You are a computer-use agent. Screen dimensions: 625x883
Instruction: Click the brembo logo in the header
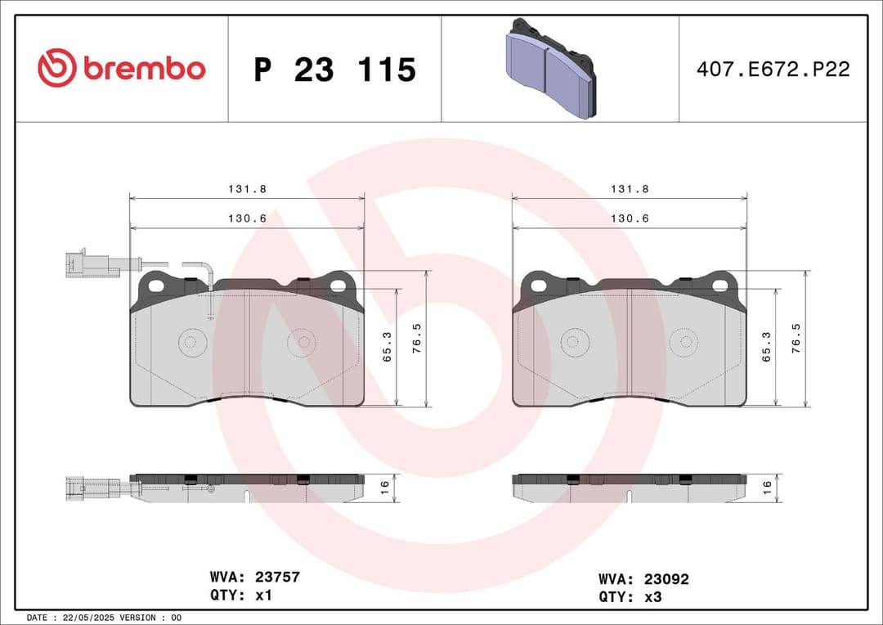pyautogui.click(x=121, y=69)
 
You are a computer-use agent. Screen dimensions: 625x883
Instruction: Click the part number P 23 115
pyautogui.click(x=334, y=70)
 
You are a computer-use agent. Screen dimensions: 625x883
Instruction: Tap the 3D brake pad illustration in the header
pyautogui.click(x=549, y=69)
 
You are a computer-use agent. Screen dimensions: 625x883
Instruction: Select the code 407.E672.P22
pyautogui.click(x=773, y=70)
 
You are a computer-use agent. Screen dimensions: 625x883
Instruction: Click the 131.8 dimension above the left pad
pyautogui.click(x=247, y=189)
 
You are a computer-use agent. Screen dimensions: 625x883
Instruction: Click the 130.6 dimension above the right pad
pyautogui.click(x=629, y=218)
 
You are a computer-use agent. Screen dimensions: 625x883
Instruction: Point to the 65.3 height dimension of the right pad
pyautogui.click(x=766, y=346)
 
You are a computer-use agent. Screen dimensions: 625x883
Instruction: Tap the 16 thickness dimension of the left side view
pyautogui.click(x=384, y=486)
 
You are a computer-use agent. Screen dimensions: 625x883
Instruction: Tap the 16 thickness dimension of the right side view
pyautogui.click(x=766, y=486)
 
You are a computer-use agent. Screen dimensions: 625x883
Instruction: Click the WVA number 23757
pyautogui.click(x=278, y=578)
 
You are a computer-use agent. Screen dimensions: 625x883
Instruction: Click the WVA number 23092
pyautogui.click(x=666, y=579)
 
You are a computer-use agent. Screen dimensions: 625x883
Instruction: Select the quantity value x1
pyautogui.click(x=263, y=596)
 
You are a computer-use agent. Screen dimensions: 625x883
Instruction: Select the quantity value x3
pyautogui.click(x=652, y=597)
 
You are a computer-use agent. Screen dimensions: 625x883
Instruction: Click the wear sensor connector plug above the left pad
pyautogui.click(x=84, y=264)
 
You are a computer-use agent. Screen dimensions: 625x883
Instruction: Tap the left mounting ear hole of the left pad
pyautogui.click(x=154, y=285)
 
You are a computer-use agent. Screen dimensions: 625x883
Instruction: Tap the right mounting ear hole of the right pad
pyautogui.click(x=720, y=286)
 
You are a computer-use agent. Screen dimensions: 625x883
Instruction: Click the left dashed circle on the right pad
pyautogui.click(x=576, y=343)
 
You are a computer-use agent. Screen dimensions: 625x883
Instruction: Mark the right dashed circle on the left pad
pyautogui.click(x=302, y=343)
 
